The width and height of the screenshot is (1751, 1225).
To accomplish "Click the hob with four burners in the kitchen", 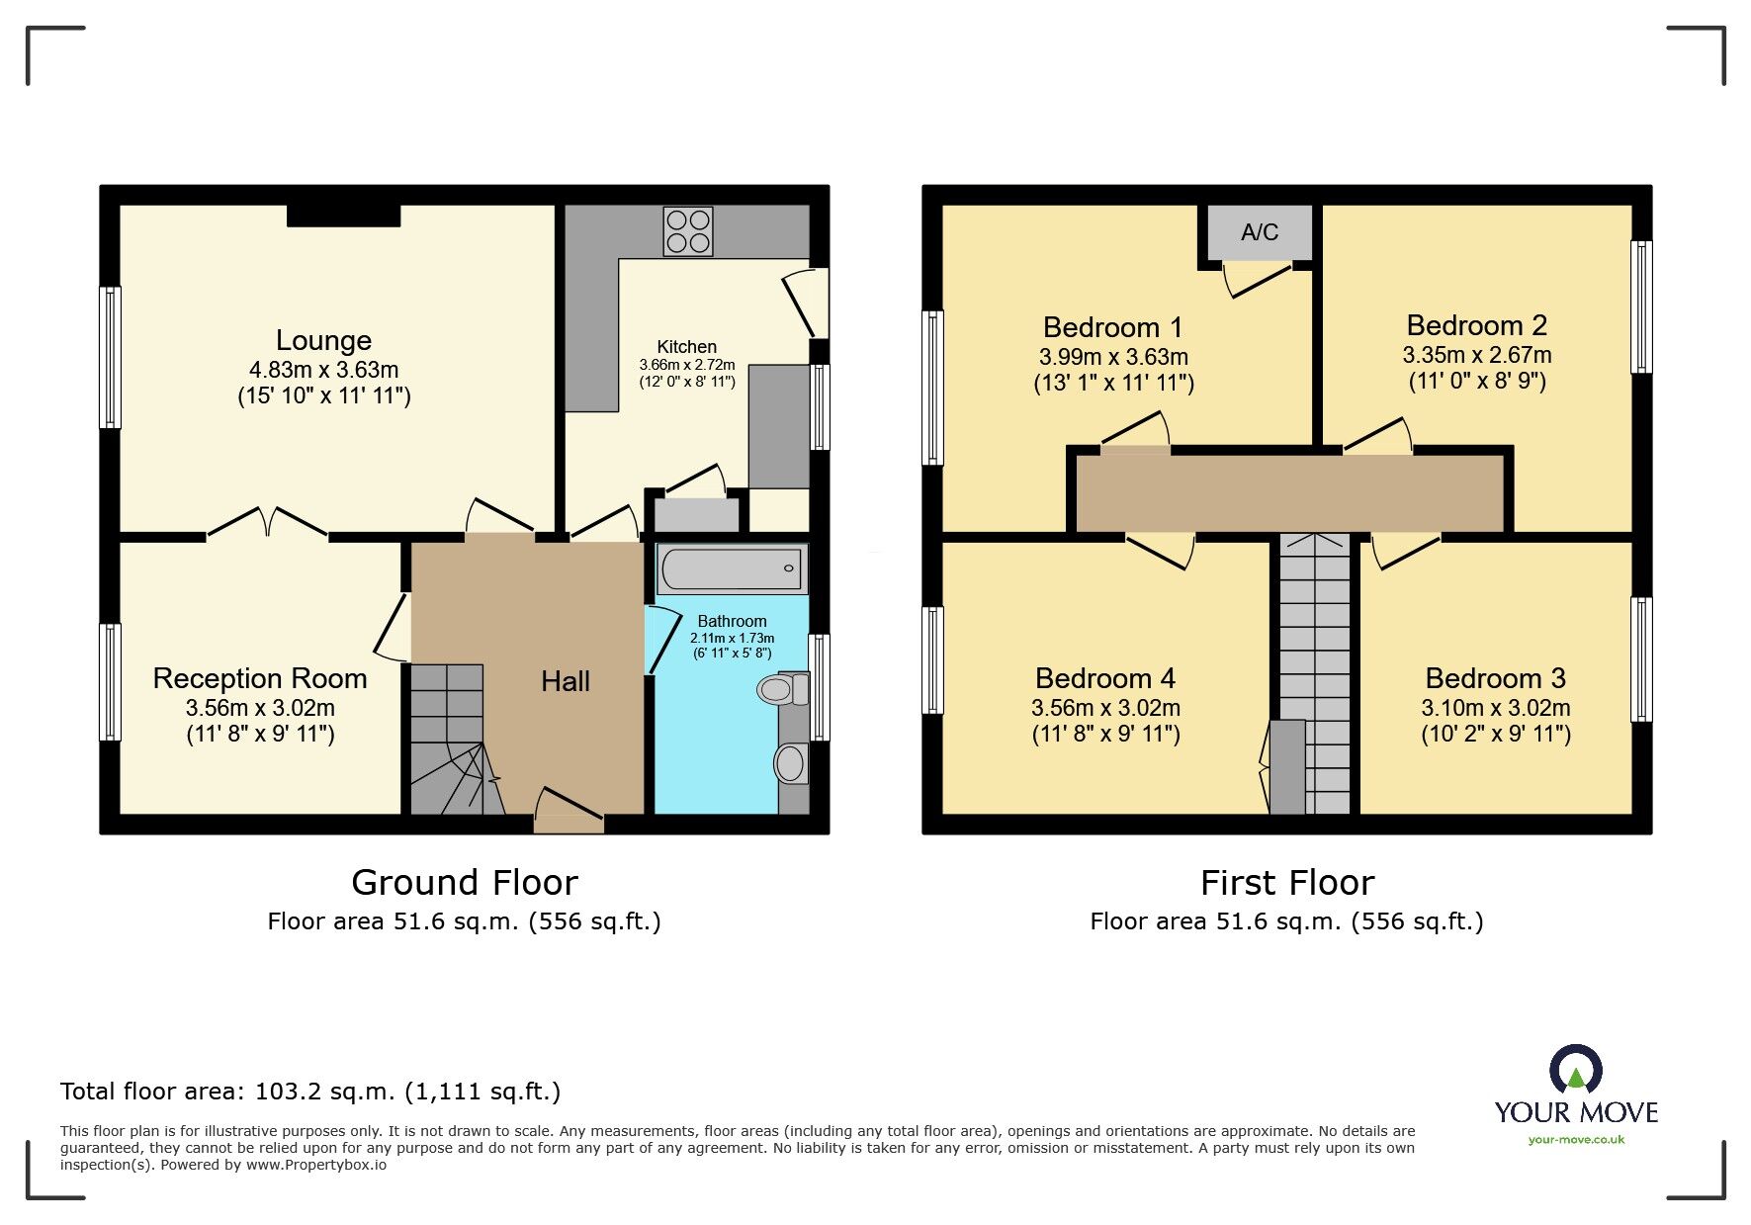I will pos(688,230).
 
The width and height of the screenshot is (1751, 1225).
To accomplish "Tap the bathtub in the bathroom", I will pos(732,569).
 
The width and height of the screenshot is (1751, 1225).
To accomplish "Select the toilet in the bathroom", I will pos(780,689).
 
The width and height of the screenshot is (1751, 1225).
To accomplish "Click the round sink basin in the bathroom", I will pos(790,763).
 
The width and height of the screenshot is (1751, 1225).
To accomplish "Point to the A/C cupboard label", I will pos(1260,232).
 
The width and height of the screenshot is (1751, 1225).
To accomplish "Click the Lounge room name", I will pos(323,340).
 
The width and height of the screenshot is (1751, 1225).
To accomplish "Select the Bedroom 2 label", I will pos(1476,325).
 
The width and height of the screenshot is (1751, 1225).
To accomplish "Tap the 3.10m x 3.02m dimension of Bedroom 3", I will pos(1495,708).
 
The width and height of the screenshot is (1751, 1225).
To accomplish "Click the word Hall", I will pos(566,681).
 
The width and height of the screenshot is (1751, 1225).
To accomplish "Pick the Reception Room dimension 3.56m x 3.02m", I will pos(260,708).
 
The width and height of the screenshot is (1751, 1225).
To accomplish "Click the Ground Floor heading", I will pos(464,882).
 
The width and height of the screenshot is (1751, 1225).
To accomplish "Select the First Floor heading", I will pos(1286,882).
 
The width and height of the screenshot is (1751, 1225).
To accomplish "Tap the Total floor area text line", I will pos(310,1092).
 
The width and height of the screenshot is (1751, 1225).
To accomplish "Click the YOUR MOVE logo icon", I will pos(1575,1071).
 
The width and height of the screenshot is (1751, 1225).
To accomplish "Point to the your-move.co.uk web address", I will pos(1576,1139).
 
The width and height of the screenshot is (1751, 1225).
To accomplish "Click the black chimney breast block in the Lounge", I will pos(344,215).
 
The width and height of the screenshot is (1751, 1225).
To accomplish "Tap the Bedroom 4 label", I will pos(1104,678).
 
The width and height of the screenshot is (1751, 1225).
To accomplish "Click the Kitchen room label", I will pos(686,347).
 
